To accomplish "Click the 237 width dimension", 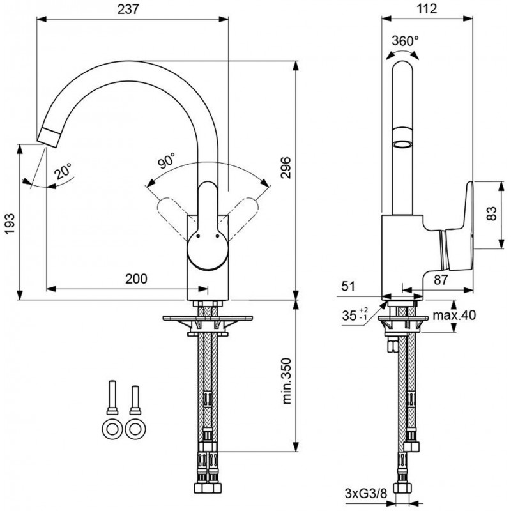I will tap(132, 8).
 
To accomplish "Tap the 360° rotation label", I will tap(406, 40).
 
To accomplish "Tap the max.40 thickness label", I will tap(455, 315).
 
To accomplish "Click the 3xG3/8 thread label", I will tap(361, 494).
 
